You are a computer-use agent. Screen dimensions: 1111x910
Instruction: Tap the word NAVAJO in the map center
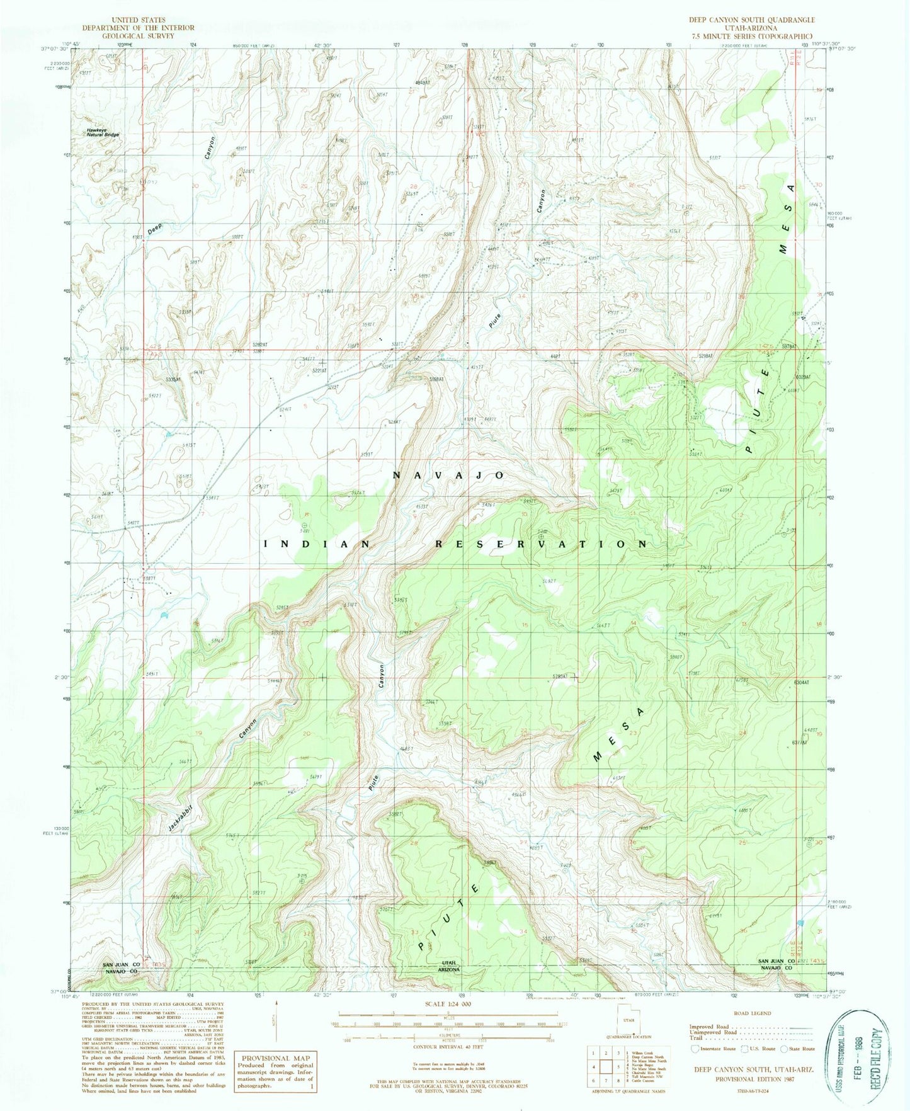click(x=449, y=476)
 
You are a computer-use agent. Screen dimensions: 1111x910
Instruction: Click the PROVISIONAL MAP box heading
click(x=272, y=1059)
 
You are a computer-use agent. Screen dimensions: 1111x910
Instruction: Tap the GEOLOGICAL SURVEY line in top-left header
click(x=138, y=36)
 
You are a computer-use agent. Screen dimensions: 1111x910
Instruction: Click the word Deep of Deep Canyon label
click(x=154, y=229)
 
